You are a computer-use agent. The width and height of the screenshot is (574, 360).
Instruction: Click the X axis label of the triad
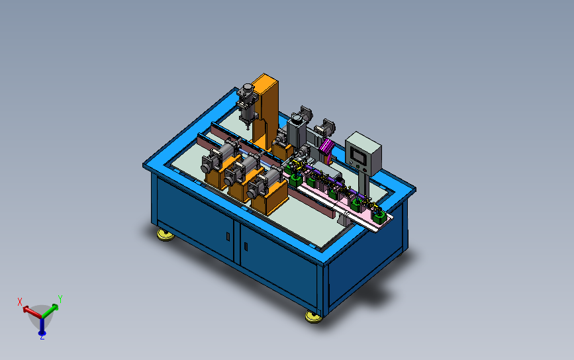[x=20, y=302]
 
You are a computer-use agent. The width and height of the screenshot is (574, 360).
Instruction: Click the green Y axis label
[x=60, y=299]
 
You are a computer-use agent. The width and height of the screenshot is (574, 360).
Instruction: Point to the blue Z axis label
[x=42, y=337]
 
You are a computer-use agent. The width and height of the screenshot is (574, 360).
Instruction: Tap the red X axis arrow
[x=32, y=312]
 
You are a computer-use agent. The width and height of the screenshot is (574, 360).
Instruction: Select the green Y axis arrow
[x=50, y=310]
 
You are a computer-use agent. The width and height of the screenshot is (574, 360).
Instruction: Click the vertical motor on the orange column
[x=247, y=105]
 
